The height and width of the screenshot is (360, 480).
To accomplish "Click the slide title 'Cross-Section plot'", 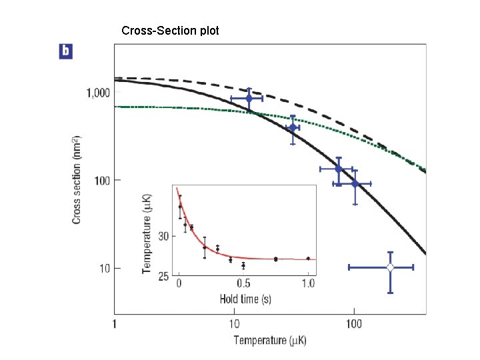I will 169,31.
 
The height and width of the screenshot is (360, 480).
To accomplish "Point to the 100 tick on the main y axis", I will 101,181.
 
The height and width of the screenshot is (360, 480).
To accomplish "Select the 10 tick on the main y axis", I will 103,268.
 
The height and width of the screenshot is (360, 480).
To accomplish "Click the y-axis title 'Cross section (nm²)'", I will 77,181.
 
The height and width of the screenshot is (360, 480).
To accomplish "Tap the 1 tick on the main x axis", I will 115,324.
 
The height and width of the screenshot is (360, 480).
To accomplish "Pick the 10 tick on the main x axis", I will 234,324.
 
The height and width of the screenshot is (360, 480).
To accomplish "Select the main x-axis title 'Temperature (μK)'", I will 269,341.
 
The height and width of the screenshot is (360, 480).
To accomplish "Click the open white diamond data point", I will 390,267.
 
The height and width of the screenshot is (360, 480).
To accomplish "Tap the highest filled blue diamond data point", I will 249,98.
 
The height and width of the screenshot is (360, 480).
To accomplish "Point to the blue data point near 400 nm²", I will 292,127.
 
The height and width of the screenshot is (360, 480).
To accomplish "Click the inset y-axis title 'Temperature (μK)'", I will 147,234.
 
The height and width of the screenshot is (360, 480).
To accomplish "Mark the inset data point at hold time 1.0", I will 308,258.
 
